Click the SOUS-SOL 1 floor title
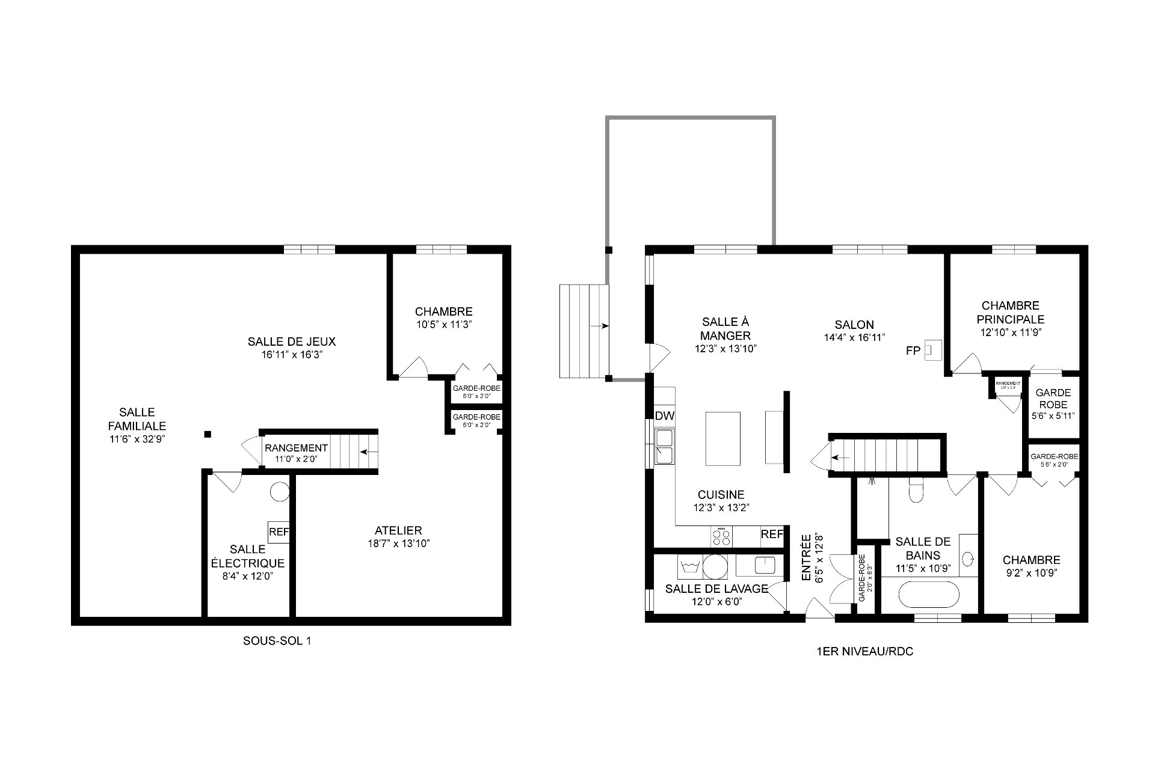[277, 641]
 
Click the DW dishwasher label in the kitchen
[664, 416]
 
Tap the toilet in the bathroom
[916, 490]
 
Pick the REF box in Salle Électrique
[279, 532]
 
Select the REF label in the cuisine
[772, 535]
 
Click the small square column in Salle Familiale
[207, 434]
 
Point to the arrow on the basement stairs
[368, 451]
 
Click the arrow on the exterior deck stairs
[599, 326]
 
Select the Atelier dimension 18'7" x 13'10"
[398, 544]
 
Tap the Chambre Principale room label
[1010, 313]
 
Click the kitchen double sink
[664, 447]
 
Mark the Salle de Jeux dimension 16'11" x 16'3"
[292, 355]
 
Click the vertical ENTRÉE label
[806, 557]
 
